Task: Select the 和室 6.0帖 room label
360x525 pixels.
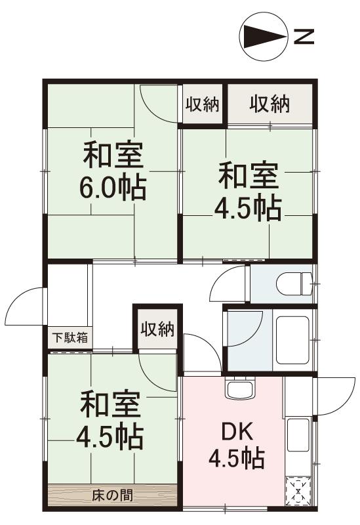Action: pyautogui.click(x=113, y=172)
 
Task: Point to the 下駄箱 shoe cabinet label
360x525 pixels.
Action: pyautogui.click(x=68, y=339)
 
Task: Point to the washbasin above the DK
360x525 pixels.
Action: pyautogui.click(x=237, y=390)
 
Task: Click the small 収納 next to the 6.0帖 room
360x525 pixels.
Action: pyautogui.click(x=201, y=104)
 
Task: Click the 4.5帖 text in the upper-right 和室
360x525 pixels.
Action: pyautogui.click(x=248, y=207)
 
